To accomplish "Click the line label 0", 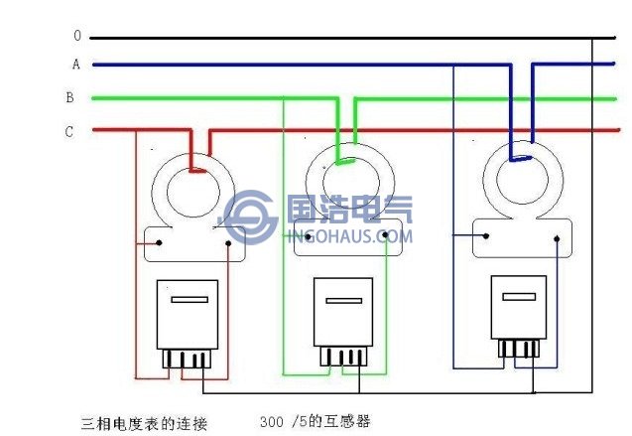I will (x=76, y=36).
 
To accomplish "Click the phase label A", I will (x=75, y=65).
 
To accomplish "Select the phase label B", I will (x=69, y=97).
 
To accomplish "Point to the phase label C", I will (x=69, y=131).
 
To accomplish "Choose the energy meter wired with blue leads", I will (x=518, y=307).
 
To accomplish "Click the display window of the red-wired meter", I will (x=189, y=298).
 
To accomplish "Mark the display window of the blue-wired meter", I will (x=519, y=295).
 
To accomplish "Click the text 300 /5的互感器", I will (x=314, y=421).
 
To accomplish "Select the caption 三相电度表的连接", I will (x=143, y=422).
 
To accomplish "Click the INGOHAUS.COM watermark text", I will (x=348, y=236).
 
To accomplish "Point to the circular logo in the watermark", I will (x=251, y=219).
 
